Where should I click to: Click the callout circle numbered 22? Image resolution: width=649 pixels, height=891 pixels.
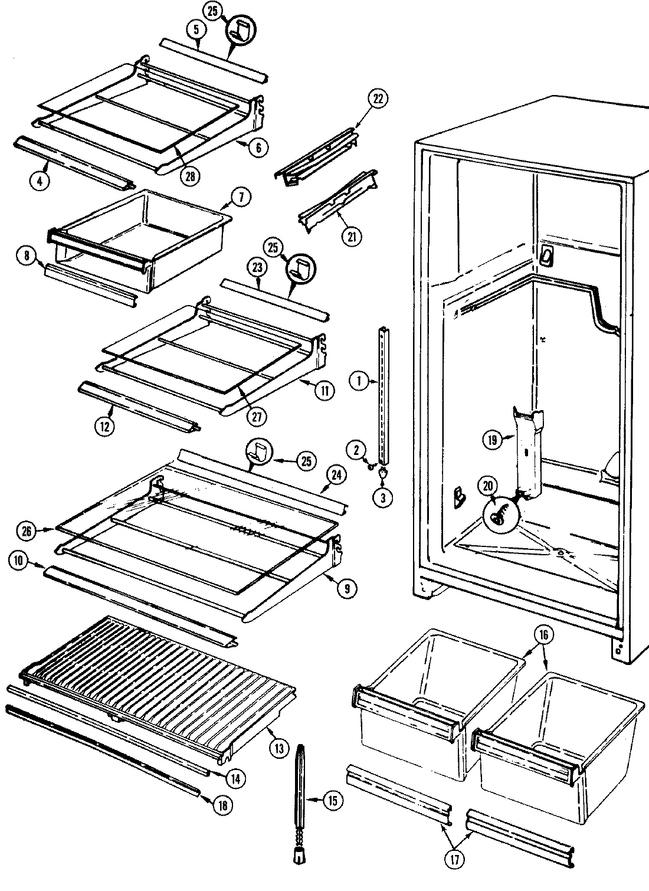point(378,99)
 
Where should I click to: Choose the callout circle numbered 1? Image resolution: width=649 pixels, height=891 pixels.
point(358,381)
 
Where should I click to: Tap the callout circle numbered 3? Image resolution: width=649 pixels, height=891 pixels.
point(382,497)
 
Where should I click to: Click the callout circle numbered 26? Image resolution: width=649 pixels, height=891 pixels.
point(26,530)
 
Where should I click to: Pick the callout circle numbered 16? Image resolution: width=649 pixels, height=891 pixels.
point(543,635)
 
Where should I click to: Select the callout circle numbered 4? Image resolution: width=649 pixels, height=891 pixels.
point(39,182)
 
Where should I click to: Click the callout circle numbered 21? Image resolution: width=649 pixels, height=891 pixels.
point(351,237)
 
